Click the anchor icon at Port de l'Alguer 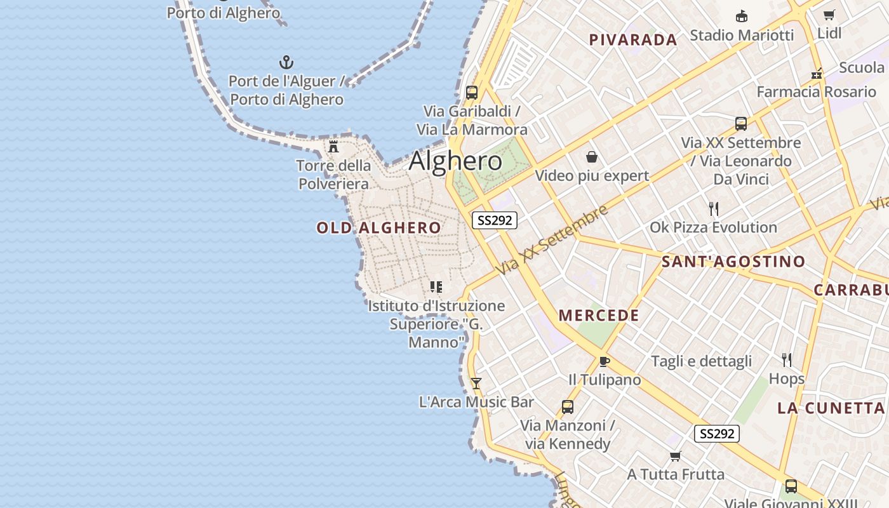(286, 62)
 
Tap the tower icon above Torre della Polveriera (333, 147)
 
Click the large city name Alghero (455, 161)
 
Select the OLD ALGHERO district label (378, 227)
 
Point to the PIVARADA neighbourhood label (633, 40)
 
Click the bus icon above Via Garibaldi (471, 93)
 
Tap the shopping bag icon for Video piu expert (592, 157)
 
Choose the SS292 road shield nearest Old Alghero (495, 220)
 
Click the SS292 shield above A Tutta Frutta (717, 434)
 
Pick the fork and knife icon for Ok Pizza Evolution (714, 208)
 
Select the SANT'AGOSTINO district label (733, 261)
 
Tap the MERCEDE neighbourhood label (599, 315)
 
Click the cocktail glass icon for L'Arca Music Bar (476, 383)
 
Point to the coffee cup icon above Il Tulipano (604, 361)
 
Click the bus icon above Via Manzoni (567, 406)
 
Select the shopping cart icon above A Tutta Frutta (676, 456)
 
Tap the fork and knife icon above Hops (787, 360)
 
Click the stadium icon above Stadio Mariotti (741, 16)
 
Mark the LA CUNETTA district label (831, 408)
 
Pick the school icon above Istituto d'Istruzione (436, 287)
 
